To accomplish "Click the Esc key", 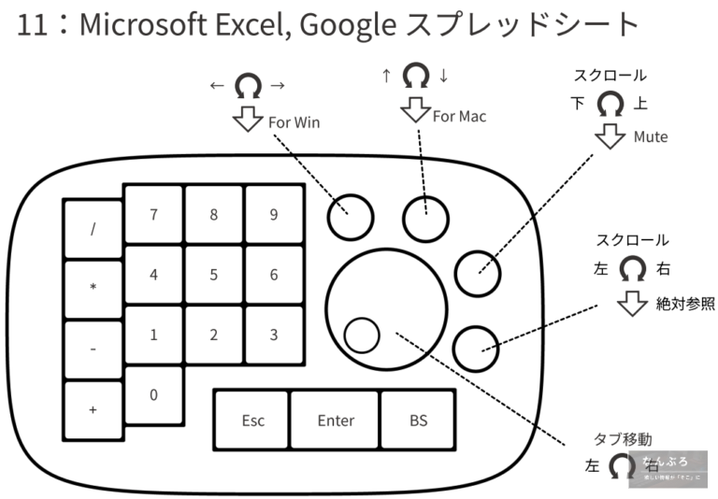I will coord(252,420).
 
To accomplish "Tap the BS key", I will coord(418,420).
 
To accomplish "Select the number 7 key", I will coord(153,214).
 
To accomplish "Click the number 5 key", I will coord(213,275).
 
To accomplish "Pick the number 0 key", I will coord(153,394).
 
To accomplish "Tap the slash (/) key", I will coord(93,229).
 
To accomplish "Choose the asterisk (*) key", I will coord(93,288).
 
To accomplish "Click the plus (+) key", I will coord(93,408).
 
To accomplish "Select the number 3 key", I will coord(273,335).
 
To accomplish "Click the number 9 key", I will coord(273,214).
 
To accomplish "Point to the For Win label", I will coord(294,122).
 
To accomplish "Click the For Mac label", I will coord(459,117).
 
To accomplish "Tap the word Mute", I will coord(651,136).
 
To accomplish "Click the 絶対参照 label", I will coord(684,303).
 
